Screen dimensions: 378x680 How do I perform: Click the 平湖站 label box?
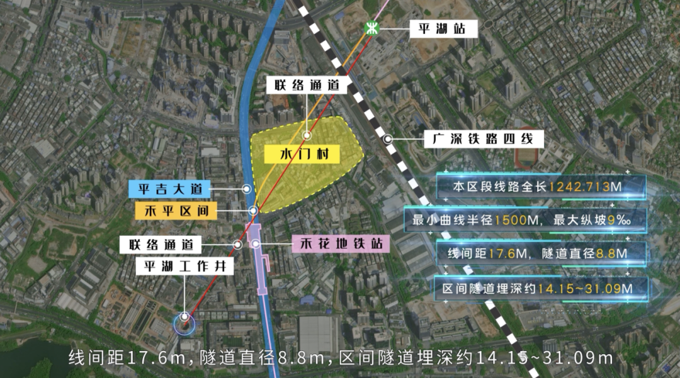coord(444,28)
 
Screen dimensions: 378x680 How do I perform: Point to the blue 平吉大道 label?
coord(169,188)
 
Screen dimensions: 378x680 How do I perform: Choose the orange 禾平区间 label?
coord(176,211)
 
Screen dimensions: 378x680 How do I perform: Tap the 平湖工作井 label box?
coord(185,266)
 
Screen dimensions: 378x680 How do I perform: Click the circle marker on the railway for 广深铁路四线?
coord(389,139)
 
